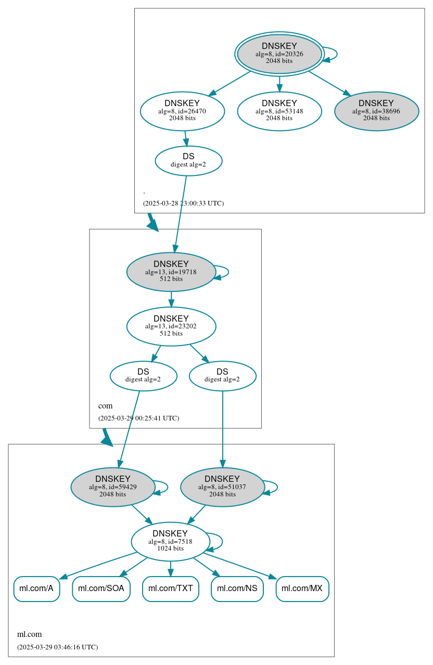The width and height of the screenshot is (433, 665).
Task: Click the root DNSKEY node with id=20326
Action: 279,54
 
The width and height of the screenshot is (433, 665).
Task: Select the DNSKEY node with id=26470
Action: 182,111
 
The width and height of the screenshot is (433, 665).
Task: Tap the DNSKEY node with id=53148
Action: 279,111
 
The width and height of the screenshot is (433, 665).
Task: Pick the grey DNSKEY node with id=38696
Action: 376,111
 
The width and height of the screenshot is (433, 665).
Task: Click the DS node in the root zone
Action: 188,161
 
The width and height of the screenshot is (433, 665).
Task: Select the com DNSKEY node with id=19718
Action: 171,272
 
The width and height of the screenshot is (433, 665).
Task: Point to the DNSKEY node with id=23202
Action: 171,326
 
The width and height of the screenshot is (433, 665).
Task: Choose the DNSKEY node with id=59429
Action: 113,487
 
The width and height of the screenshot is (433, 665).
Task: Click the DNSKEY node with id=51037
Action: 222,487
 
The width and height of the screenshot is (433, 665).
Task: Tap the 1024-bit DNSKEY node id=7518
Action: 170,541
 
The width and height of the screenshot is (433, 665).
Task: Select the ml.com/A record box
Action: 36,589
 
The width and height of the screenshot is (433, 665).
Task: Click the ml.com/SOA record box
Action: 101,589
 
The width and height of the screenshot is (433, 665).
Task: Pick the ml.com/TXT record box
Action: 170,589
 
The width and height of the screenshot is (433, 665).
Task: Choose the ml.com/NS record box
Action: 237,589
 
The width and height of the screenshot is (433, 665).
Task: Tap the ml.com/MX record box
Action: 302,589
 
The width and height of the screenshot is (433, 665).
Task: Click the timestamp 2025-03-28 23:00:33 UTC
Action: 183,203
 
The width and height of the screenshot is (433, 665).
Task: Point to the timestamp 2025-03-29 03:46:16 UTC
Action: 57,647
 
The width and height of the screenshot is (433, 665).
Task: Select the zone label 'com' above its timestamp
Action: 105,406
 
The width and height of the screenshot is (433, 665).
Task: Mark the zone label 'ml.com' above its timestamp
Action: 29,634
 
